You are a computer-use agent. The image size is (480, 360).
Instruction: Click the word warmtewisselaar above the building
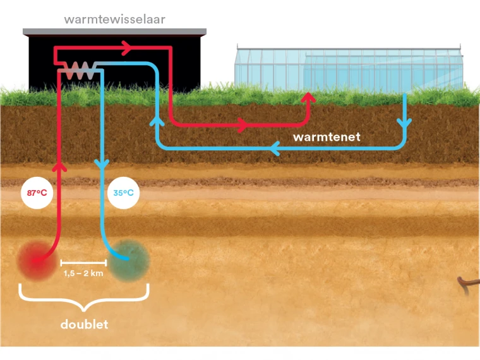point(114,19)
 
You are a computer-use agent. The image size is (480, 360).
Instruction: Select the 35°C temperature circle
point(124,192)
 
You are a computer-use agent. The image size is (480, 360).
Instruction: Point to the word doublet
point(84,325)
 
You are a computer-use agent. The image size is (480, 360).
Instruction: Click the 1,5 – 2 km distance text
point(83,274)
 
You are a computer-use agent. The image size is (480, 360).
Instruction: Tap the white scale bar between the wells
point(83,262)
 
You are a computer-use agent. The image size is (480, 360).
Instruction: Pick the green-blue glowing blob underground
point(131,258)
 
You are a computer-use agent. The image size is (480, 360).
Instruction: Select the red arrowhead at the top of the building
point(126,47)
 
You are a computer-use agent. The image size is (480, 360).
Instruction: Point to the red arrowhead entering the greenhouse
point(308,97)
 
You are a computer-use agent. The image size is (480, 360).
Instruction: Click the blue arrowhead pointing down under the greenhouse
point(405,121)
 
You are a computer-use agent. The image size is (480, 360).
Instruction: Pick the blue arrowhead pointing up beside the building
point(156,121)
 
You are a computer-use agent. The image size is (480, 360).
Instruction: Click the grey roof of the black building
point(114,31)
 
